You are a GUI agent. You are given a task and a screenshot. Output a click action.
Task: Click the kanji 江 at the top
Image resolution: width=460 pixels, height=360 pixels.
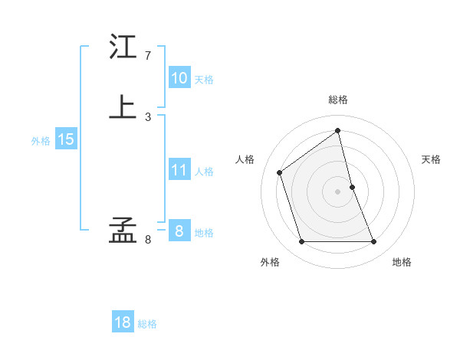tap(123, 48)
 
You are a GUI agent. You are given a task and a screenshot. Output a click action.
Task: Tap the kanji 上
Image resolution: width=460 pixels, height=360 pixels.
tap(123, 106)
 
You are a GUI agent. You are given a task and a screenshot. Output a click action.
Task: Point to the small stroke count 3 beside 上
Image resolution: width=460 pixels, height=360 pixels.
tap(148, 116)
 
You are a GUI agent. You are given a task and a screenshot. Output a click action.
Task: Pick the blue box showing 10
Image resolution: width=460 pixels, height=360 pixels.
tap(179, 78)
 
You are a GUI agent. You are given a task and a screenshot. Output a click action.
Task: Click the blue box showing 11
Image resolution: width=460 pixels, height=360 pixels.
tap(179, 171)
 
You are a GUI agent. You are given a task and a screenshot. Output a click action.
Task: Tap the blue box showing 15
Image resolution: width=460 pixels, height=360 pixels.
tap(66, 139)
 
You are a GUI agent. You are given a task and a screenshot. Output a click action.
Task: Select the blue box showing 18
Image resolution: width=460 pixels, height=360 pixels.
tap(123, 322)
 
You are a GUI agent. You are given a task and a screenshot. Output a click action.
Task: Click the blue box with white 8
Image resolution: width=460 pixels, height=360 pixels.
tap(179, 231)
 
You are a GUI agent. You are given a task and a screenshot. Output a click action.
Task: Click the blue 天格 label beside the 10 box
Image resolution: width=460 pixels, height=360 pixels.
tap(204, 80)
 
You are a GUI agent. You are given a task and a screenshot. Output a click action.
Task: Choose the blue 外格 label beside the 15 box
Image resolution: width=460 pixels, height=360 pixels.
tap(41, 141)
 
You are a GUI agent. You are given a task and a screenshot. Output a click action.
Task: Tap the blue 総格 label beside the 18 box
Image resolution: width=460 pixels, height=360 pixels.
tap(147, 324)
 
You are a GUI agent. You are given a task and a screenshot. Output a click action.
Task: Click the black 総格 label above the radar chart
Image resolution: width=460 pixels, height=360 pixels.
tap(338, 100)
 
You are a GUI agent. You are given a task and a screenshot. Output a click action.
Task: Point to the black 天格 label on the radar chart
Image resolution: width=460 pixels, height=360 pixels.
tap(432, 159)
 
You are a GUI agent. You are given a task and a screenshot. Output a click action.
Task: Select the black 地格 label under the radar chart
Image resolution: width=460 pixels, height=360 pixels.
tap(402, 262)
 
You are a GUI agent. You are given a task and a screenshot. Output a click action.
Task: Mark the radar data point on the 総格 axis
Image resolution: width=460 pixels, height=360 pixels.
tap(338, 130)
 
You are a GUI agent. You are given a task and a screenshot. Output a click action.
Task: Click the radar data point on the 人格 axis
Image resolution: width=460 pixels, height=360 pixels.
tap(280, 172)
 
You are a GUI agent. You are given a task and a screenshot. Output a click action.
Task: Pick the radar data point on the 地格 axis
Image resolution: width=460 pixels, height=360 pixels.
tap(374, 242)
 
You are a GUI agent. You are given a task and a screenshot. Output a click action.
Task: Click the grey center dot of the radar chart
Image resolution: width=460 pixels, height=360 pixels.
tap(338, 191)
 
